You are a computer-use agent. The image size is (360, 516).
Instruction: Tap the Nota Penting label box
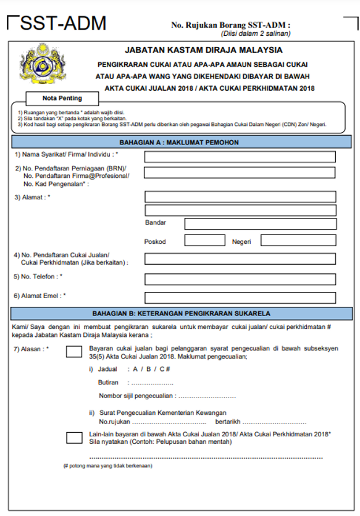click(62, 98)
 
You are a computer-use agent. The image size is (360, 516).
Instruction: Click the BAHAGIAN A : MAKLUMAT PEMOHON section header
click(179, 142)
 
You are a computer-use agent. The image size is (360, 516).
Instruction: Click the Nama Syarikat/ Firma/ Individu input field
click(240, 157)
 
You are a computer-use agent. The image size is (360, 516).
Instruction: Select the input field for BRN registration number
click(240, 173)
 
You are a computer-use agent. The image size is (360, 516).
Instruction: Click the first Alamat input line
click(240, 197)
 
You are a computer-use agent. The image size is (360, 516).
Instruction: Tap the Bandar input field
click(260, 223)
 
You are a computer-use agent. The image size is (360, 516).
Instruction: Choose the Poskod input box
click(204, 241)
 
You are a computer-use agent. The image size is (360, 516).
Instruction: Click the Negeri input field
click(298, 241)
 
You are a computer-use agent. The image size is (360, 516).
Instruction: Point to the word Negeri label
click(241, 241)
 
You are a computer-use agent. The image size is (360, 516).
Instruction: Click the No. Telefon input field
click(240, 278)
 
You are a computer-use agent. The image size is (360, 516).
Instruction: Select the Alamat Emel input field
click(240, 298)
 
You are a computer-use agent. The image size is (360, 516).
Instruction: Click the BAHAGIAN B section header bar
click(179, 314)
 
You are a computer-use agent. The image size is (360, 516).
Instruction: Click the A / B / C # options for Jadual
click(151, 369)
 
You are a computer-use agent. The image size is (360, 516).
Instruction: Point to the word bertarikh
click(226, 422)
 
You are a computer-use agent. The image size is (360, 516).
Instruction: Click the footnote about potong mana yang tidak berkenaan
click(108, 465)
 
